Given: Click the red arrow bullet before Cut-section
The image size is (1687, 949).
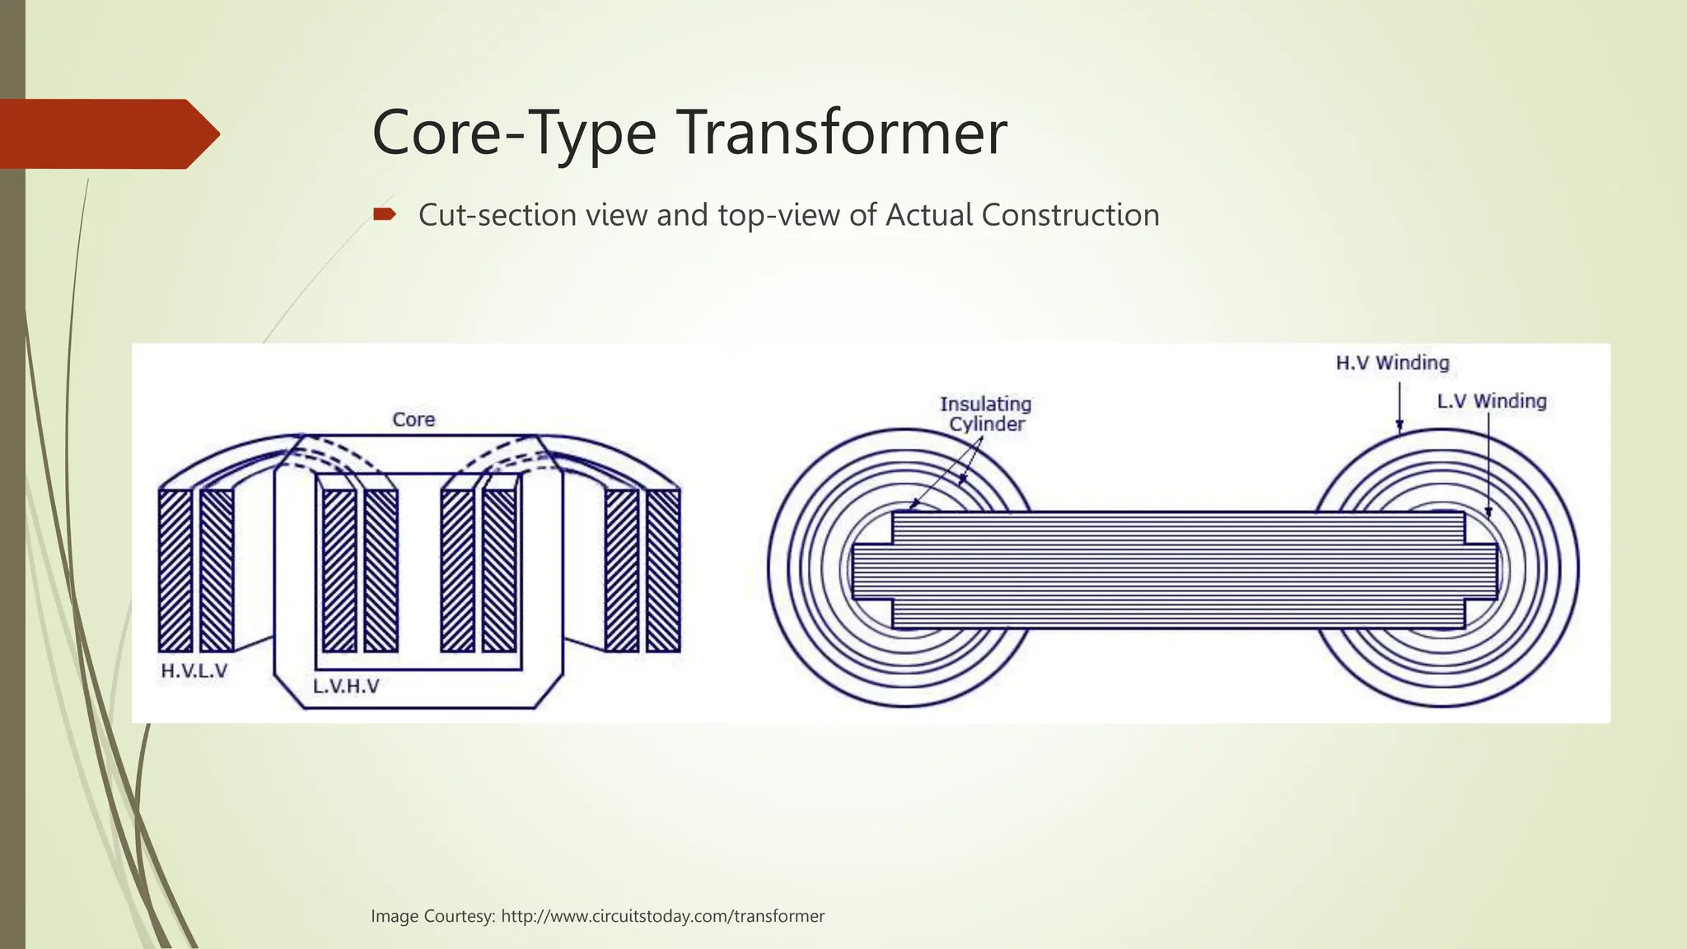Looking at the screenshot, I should pos(384,215).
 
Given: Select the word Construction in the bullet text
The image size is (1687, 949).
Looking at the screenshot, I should pos(1070,215).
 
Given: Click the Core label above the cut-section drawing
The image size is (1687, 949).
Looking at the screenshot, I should pos(414,419).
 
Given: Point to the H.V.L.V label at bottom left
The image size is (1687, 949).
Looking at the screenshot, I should pos(194,671).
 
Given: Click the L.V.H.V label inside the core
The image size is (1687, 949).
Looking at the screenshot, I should pos(346,686).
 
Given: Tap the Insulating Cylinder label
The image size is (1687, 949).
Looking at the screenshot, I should pos(986,414).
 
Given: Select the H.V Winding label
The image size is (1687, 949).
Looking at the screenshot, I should pos(1392,362).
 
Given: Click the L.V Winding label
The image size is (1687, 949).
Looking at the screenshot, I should pos(1492,401).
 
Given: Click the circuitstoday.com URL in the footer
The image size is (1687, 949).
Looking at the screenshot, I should pos(662,916).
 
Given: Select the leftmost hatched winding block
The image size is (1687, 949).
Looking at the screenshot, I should pos(175,570).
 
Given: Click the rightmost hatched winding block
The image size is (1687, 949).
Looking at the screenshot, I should pos(663,570).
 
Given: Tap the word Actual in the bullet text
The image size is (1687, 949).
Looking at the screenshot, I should pos(928,215).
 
